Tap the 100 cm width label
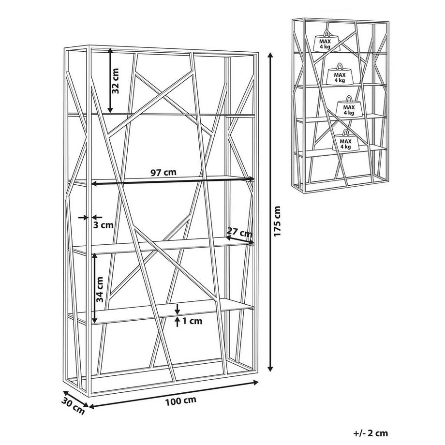point(180,400)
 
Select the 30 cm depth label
point(73,406)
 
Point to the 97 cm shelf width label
point(163,172)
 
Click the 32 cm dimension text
point(115,81)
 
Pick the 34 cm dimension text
point(100,289)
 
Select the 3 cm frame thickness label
point(104,225)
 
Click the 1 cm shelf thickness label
point(193,321)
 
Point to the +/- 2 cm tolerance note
point(371,433)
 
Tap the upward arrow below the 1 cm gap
point(178,322)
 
